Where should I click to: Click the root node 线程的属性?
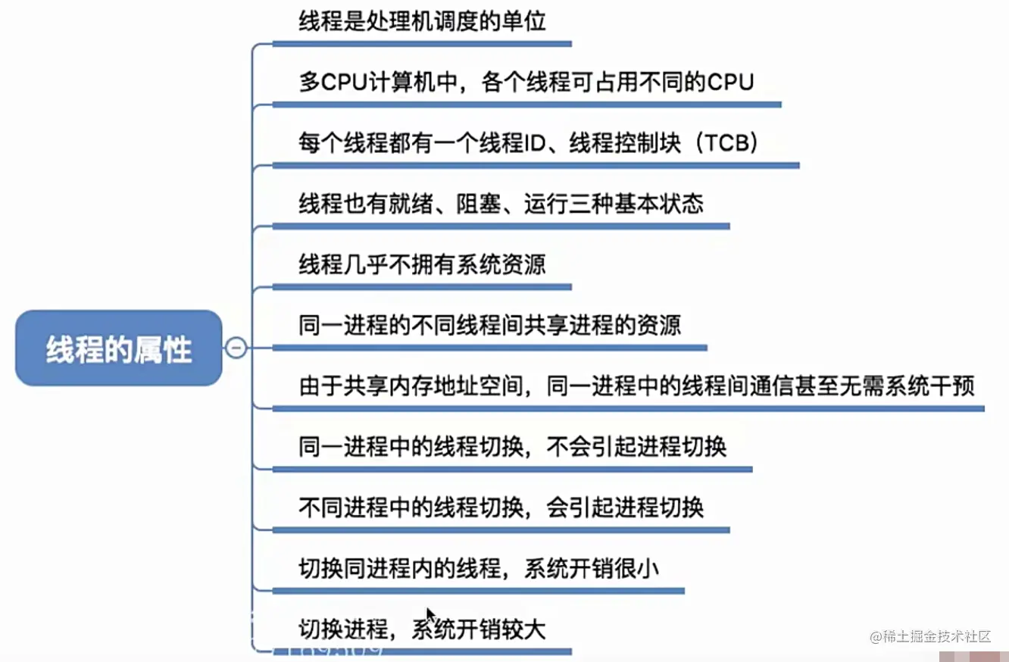point(119,349)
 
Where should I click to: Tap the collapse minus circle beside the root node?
point(236,348)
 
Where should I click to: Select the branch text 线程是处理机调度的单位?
point(422,21)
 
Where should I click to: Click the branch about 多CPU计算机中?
point(526,82)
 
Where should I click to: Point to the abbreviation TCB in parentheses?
point(726,143)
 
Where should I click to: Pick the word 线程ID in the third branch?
point(507,143)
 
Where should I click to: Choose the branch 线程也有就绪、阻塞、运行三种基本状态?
point(501,204)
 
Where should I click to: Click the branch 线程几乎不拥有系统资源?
point(422,264)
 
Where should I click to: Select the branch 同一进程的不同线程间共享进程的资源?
point(489,325)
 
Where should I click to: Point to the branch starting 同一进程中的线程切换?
point(512,446)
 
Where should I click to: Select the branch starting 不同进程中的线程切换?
point(501,507)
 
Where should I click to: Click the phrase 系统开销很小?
point(591,567)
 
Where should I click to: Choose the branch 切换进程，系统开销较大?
point(422,629)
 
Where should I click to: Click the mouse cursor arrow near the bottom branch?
point(430,614)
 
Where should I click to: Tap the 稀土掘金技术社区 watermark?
point(930,636)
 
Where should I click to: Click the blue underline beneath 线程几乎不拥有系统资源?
point(421,287)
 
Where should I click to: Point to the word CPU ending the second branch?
point(731,82)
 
